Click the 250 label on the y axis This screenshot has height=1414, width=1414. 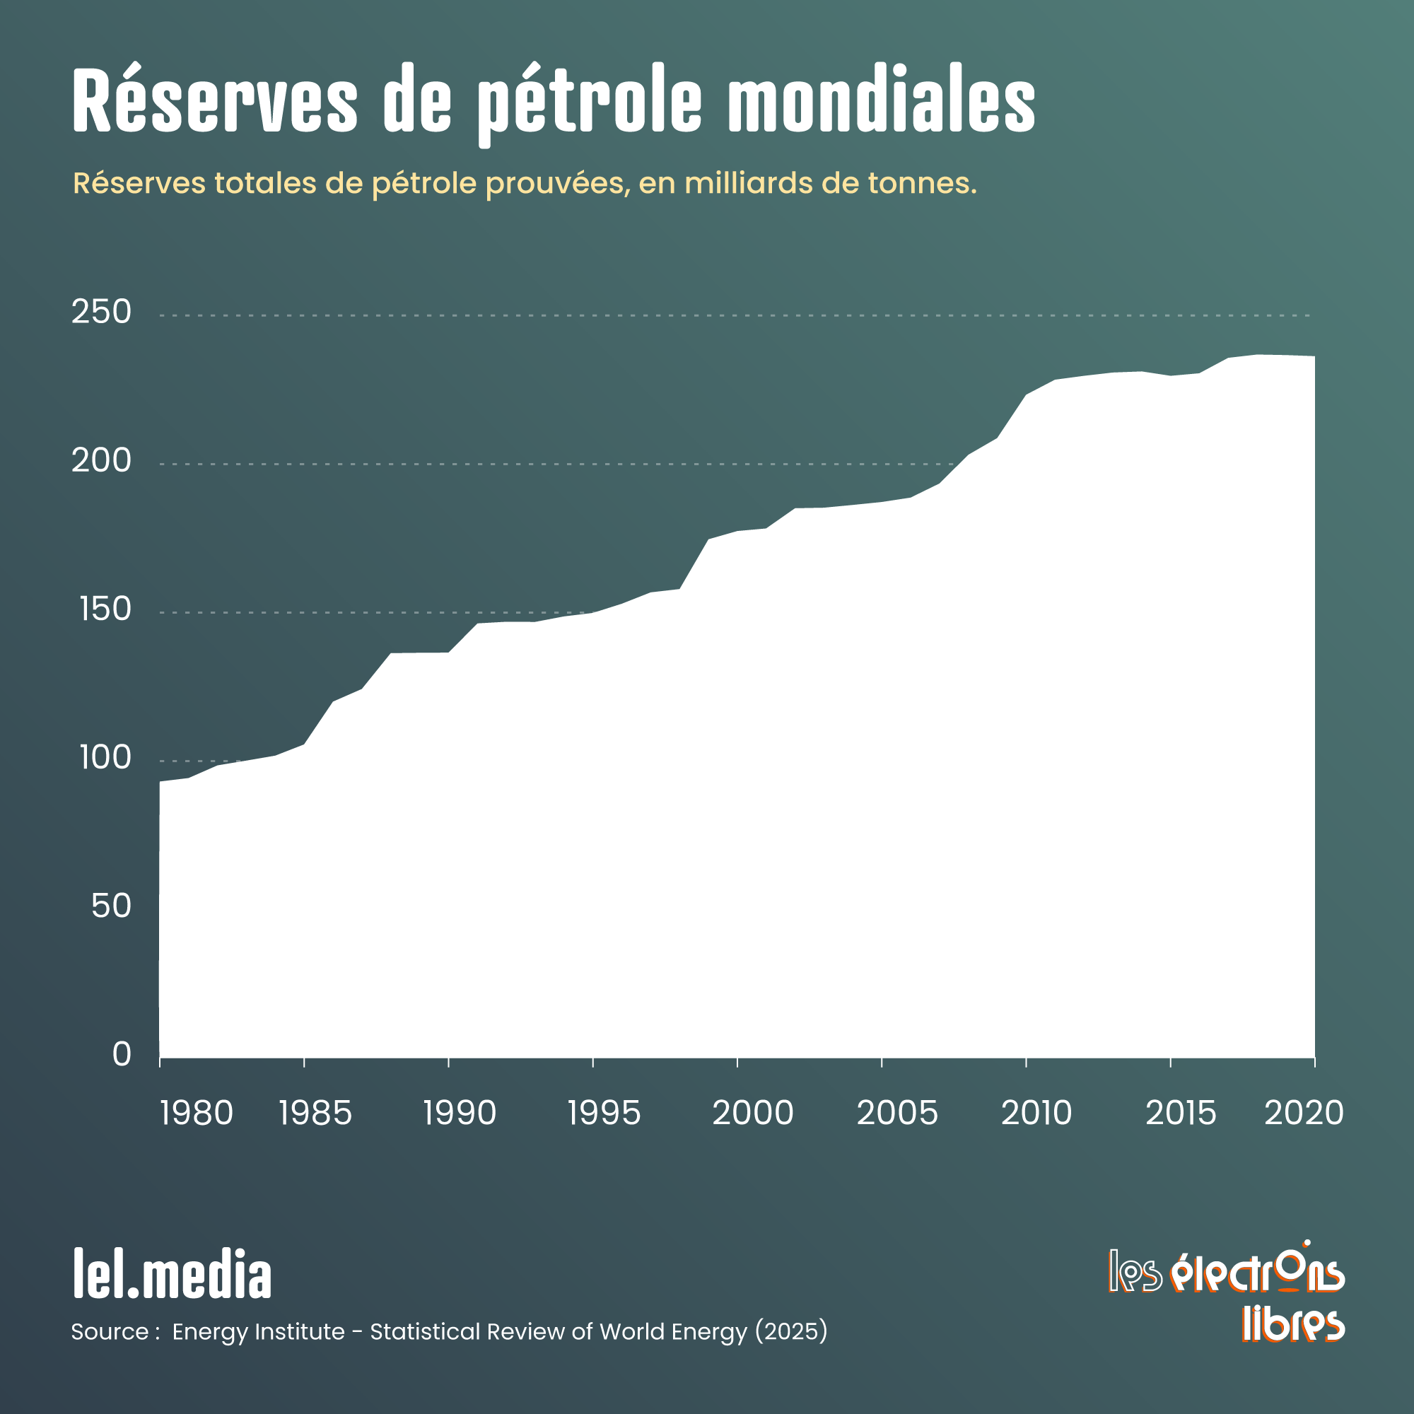coord(101,312)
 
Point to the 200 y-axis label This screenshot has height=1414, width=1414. coord(101,461)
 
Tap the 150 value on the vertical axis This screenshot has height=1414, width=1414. coord(105,609)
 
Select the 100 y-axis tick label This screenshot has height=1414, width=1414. coord(105,758)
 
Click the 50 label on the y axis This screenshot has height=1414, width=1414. coord(111,907)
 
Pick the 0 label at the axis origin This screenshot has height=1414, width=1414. coord(122,1055)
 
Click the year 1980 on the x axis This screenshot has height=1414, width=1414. coord(196,1114)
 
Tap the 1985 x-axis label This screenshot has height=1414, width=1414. coord(315,1114)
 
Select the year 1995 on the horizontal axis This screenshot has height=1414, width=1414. coord(604,1114)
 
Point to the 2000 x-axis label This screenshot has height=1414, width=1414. coord(752,1114)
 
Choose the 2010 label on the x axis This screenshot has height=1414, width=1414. coord(1036,1114)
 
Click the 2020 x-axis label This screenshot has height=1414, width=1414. coord(1304,1114)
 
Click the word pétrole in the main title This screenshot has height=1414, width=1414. coord(590,103)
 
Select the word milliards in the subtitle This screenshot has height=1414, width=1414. coord(747,183)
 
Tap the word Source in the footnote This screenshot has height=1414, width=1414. coord(110,1331)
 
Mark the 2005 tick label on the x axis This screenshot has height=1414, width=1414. coord(896,1114)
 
